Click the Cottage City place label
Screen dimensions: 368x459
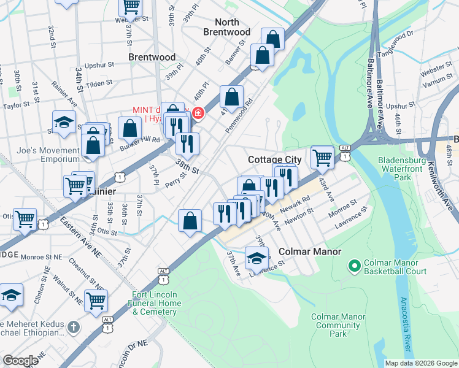coord(274,159)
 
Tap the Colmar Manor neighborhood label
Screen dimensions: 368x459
coord(306,252)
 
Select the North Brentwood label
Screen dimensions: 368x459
coord(227,27)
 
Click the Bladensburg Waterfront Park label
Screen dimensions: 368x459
coord(403,169)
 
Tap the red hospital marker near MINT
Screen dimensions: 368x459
coord(198,113)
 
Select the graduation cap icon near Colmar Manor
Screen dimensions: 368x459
coord(257,258)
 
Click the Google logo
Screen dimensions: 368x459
coord(20,361)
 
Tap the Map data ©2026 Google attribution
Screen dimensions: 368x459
coord(420,363)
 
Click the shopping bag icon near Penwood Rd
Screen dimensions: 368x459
coord(231,97)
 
